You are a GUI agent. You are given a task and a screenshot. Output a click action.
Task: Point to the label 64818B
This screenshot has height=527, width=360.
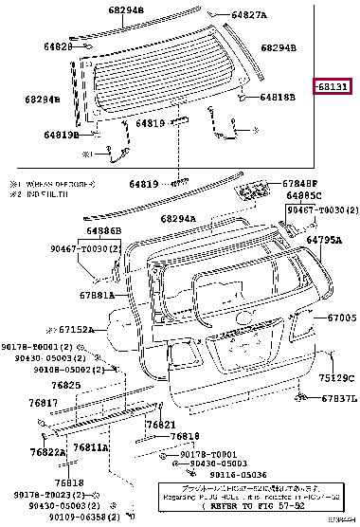point(278,97)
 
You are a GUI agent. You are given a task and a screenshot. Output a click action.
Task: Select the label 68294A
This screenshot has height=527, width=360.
point(178,218)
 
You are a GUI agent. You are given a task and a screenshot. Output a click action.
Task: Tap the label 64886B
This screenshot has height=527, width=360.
point(103,230)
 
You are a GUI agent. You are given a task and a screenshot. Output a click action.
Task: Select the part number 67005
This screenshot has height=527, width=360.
point(340,318)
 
